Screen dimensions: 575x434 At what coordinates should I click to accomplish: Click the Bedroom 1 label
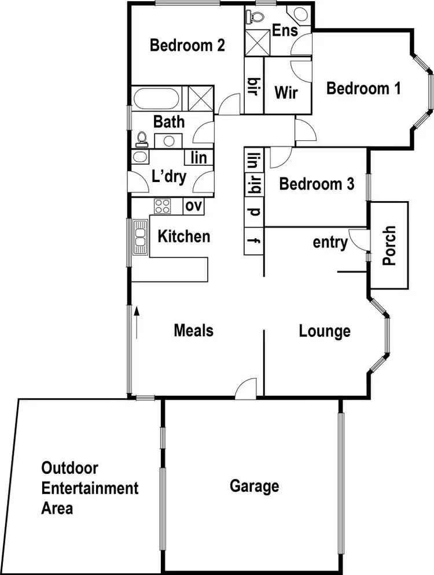363,89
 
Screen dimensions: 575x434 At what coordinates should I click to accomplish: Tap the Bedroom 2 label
187,45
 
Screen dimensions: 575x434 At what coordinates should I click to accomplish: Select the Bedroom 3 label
317,184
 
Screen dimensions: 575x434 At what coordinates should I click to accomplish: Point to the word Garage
255,486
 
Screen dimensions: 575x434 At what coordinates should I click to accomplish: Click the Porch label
389,246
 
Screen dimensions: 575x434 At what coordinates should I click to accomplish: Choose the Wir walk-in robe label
287,92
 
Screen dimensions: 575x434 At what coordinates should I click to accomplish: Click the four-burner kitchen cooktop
162,206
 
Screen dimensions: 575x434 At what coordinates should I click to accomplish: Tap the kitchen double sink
140,238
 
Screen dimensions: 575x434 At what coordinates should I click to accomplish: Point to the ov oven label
194,206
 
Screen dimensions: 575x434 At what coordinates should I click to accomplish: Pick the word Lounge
325,331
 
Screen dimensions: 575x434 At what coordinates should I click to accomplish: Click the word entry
330,243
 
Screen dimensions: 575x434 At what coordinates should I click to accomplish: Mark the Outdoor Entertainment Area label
90,488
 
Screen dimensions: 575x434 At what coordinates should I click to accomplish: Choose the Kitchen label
184,236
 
